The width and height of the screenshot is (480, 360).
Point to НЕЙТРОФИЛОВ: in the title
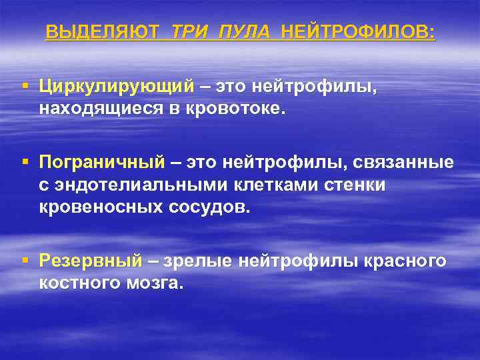pyautogui.click(x=359, y=32)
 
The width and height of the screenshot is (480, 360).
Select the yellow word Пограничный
pyautogui.click(x=101, y=162)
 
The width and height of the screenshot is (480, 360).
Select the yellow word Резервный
pyautogui.click(x=91, y=261)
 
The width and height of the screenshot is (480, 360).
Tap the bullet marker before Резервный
pyautogui.click(x=25, y=261)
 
